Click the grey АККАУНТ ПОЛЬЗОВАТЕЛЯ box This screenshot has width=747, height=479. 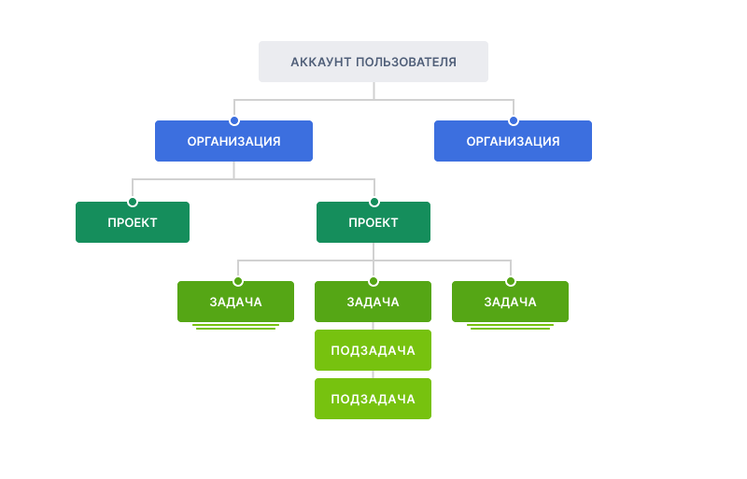pyautogui.click(x=373, y=62)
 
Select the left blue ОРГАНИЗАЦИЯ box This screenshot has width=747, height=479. pyautogui.click(x=234, y=141)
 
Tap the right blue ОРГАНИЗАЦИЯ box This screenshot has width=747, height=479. pyautogui.click(x=513, y=141)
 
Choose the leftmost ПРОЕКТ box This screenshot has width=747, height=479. pyautogui.click(x=133, y=222)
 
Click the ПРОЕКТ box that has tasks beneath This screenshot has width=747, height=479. pyautogui.click(x=373, y=222)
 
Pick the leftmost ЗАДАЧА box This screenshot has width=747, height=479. pyautogui.click(x=236, y=302)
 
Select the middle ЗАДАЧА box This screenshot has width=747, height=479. pyautogui.click(x=373, y=302)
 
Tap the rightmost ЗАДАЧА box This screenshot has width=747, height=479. pyautogui.click(x=510, y=302)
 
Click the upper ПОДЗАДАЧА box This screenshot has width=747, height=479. pyautogui.click(x=373, y=350)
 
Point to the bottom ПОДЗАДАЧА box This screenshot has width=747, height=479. pyautogui.click(x=373, y=399)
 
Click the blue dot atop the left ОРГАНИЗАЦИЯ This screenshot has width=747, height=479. pyautogui.click(x=234, y=121)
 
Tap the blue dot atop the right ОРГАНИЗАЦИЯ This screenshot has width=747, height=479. pyautogui.click(x=513, y=121)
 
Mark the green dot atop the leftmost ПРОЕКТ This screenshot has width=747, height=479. pyautogui.click(x=133, y=202)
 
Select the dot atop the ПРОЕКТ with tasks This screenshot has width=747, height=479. pyautogui.click(x=374, y=202)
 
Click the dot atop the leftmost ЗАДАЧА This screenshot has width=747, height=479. pyautogui.click(x=238, y=282)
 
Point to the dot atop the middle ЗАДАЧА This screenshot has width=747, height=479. pyautogui.click(x=373, y=282)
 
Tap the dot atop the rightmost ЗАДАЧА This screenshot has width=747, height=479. pyautogui.click(x=511, y=282)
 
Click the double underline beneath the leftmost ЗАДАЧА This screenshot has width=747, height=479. pyautogui.click(x=236, y=327)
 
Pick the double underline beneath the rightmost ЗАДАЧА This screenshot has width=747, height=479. pyautogui.click(x=510, y=327)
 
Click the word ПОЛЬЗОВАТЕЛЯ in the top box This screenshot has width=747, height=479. pyautogui.click(x=406, y=62)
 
